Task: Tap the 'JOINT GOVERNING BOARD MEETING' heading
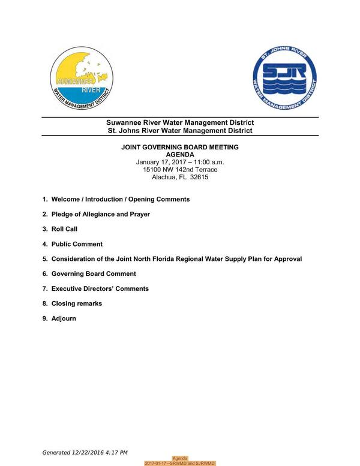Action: click(x=179, y=147)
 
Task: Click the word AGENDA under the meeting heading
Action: click(x=180, y=155)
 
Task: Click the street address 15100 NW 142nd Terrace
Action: click(x=180, y=170)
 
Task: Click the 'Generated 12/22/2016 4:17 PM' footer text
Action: click(x=85, y=452)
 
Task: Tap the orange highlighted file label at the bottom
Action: click(x=180, y=464)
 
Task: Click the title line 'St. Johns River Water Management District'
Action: click(x=179, y=131)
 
